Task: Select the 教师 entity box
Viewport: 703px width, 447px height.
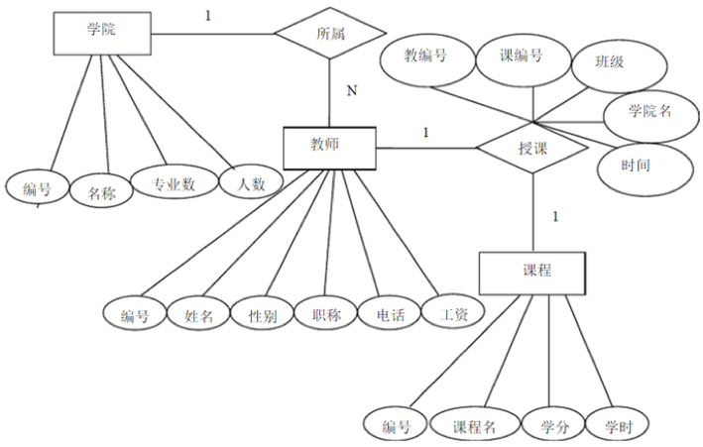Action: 328,148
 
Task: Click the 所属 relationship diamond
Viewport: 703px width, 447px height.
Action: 330,34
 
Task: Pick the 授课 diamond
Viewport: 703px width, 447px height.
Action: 533,149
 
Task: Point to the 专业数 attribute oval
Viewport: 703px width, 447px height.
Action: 173,183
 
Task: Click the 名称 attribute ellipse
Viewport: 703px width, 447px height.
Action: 101,192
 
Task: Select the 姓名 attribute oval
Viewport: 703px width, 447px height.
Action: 199,316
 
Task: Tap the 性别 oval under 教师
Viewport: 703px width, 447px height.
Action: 262,316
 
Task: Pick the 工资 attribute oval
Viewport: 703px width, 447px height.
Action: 453,314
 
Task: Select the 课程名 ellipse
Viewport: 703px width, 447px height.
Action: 475,426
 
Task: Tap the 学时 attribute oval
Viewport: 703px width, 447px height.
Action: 616,426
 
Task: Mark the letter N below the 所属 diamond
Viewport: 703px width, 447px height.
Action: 352,92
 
